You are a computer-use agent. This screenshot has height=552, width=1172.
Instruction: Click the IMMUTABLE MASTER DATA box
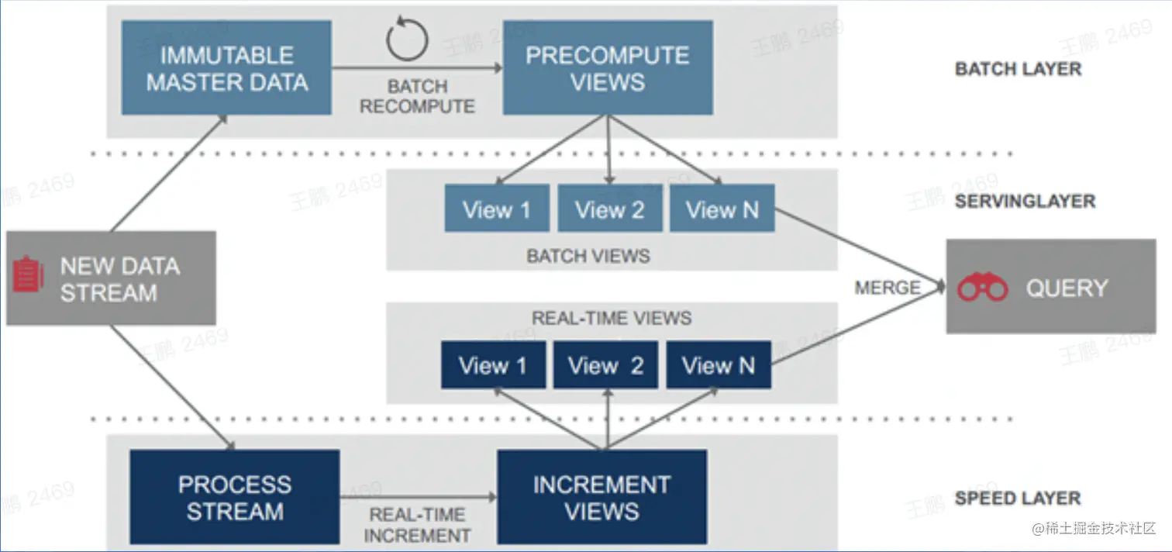click(226, 68)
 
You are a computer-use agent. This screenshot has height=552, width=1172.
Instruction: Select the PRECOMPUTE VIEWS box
click(608, 68)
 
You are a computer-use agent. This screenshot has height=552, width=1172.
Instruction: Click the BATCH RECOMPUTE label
click(417, 96)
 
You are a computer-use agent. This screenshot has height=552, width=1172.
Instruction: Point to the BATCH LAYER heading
click(1018, 69)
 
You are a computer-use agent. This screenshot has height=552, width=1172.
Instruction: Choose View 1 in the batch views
click(497, 209)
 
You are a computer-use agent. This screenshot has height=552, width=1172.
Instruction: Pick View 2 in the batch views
click(610, 209)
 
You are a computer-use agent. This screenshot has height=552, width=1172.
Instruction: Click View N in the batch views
click(722, 209)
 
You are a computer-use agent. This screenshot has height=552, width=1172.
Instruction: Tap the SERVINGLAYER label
click(1025, 202)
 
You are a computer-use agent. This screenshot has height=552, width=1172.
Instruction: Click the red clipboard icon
click(29, 277)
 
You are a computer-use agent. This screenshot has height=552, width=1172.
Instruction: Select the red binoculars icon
click(982, 288)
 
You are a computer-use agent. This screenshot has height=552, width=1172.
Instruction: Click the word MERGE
click(888, 288)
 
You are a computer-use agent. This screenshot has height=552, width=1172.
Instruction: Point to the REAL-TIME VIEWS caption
click(612, 318)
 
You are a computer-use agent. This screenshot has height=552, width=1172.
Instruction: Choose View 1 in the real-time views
click(492, 365)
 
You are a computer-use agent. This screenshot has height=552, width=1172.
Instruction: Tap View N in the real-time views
click(719, 365)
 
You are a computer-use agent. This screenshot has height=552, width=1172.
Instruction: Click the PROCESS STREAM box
click(234, 497)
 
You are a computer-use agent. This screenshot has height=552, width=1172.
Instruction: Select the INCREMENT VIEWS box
click(602, 497)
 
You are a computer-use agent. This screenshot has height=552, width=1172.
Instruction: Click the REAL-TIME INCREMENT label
click(417, 525)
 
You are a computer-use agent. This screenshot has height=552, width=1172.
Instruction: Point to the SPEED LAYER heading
click(1017, 498)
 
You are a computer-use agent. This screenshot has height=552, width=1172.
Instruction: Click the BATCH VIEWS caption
click(588, 256)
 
